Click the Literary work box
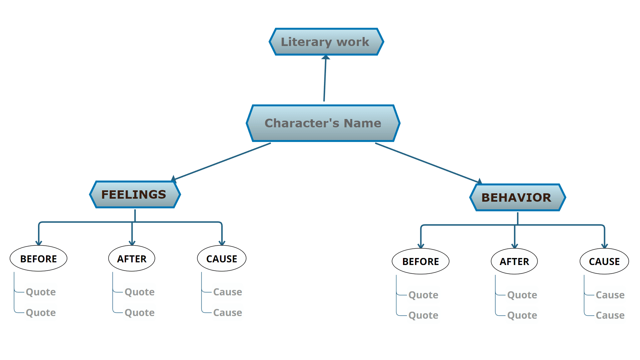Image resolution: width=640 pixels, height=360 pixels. (x=326, y=42)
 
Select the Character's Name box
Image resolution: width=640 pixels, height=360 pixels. (x=323, y=123)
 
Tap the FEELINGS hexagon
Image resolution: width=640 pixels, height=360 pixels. (x=135, y=195)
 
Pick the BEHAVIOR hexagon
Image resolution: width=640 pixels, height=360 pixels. (x=517, y=198)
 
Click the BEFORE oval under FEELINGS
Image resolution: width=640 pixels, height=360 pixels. (x=39, y=259)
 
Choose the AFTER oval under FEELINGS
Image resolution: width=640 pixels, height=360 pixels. (x=132, y=259)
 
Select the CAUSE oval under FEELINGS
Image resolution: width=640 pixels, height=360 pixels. (x=222, y=259)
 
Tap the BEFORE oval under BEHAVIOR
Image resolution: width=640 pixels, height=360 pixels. (x=421, y=262)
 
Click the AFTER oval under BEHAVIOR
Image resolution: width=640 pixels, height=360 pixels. (x=514, y=262)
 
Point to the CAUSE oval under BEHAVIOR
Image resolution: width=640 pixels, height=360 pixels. (x=604, y=262)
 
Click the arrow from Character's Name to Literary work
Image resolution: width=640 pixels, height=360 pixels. (x=325, y=80)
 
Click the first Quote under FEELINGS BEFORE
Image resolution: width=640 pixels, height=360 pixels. (x=41, y=292)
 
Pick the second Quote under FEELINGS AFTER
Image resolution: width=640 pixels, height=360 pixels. (x=140, y=313)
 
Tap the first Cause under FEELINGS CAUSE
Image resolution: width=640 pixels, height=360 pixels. (x=228, y=292)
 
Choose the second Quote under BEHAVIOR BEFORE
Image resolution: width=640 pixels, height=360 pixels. (x=423, y=315)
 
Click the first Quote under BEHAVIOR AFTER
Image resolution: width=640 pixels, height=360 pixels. (x=522, y=295)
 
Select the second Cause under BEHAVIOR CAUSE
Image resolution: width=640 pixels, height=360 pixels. (x=610, y=315)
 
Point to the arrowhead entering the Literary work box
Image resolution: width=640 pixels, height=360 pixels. (x=326, y=58)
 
